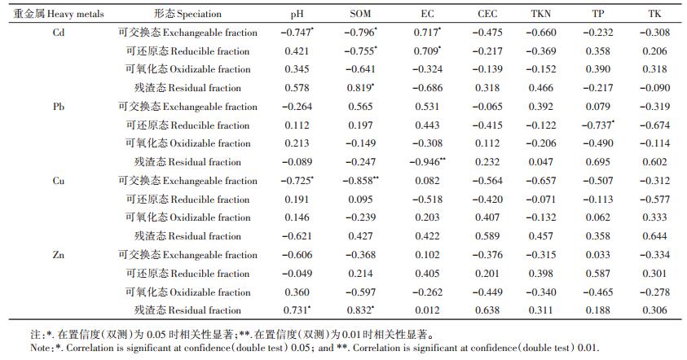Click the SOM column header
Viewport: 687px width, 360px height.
point(360,14)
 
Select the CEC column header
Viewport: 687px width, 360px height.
point(487,14)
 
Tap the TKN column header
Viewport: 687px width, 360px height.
point(540,14)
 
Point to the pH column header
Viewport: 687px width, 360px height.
point(297,15)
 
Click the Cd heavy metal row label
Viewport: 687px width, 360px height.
point(59,33)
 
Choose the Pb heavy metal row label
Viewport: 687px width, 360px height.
point(59,107)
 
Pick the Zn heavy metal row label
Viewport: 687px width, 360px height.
point(59,254)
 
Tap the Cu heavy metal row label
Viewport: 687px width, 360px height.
point(59,181)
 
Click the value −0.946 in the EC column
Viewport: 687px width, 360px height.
point(427,161)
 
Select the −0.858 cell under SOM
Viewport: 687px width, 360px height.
point(360,181)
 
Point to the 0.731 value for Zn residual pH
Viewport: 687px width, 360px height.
point(297,310)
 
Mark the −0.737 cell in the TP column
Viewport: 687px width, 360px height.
point(598,125)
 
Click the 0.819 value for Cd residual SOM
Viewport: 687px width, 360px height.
point(360,88)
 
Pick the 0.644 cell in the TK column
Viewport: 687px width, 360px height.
point(654,236)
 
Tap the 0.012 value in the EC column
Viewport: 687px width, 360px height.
point(427,310)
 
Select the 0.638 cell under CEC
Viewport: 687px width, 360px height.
point(487,310)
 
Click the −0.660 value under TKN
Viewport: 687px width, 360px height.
point(540,33)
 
